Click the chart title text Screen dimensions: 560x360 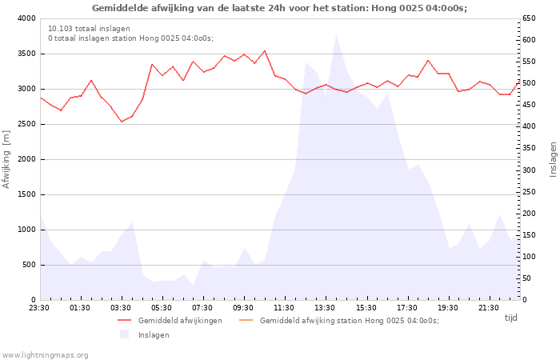[x=280, y=8]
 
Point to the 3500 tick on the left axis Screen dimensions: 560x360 [x=27, y=54]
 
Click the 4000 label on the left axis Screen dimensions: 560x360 [x=27, y=18]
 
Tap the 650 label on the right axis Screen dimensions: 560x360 [x=529, y=18]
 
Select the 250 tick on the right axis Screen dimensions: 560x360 [x=529, y=192]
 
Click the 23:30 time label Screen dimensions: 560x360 [x=39, y=308]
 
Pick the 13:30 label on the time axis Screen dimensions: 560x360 [x=325, y=308]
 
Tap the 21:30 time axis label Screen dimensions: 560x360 [x=488, y=308]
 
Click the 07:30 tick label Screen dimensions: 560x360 [x=202, y=308]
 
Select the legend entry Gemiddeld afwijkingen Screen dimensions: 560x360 [x=170, y=321]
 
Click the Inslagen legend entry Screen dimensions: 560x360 [x=145, y=335]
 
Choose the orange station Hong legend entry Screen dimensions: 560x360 [x=338, y=321]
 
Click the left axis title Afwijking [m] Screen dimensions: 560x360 [x=6, y=159]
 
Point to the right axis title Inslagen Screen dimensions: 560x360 [x=553, y=159]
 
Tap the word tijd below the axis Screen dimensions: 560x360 [x=510, y=318]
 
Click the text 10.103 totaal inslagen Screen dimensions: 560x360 [x=89, y=29]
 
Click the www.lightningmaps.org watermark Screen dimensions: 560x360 [x=44, y=355]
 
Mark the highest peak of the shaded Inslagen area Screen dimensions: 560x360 [x=336, y=35]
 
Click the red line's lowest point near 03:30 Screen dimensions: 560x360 [x=122, y=122]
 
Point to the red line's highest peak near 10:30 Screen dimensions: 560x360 [x=265, y=50]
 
